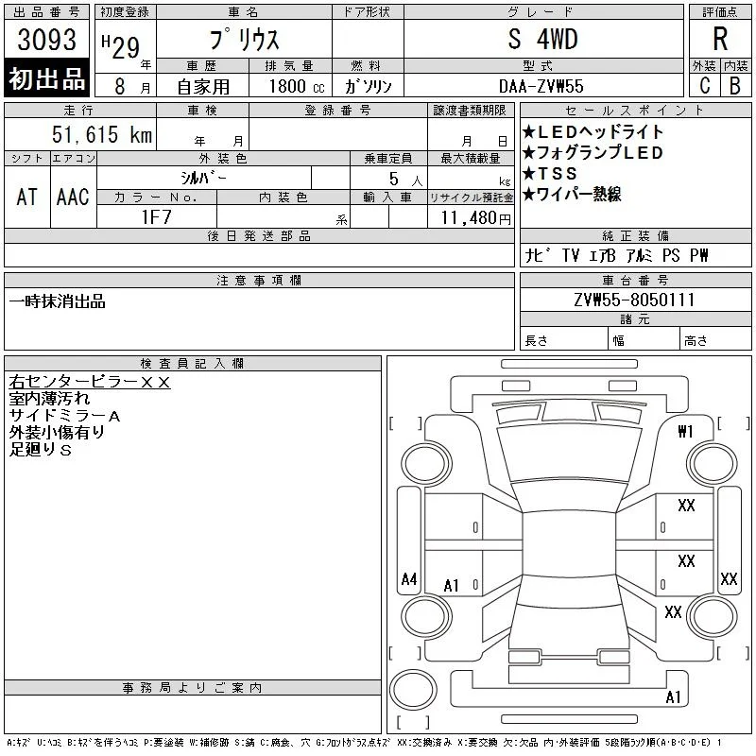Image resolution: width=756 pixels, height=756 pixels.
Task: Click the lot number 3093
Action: tap(46, 40)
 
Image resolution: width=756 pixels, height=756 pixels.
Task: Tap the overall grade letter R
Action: tap(720, 39)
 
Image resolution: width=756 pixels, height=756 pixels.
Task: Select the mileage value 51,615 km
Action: tap(102, 134)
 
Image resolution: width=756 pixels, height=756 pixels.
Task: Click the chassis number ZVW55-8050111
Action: tap(634, 300)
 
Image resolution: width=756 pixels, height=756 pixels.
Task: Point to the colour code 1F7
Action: tap(156, 217)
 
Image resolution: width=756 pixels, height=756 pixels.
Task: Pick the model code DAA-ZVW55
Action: tap(541, 86)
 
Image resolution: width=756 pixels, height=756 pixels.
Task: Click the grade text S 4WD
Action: tap(542, 39)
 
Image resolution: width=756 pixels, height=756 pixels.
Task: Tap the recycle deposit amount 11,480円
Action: tap(475, 218)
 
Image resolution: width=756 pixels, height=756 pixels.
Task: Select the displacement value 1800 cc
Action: tap(297, 86)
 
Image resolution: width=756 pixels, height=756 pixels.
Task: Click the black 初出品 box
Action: tap(46, 77)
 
